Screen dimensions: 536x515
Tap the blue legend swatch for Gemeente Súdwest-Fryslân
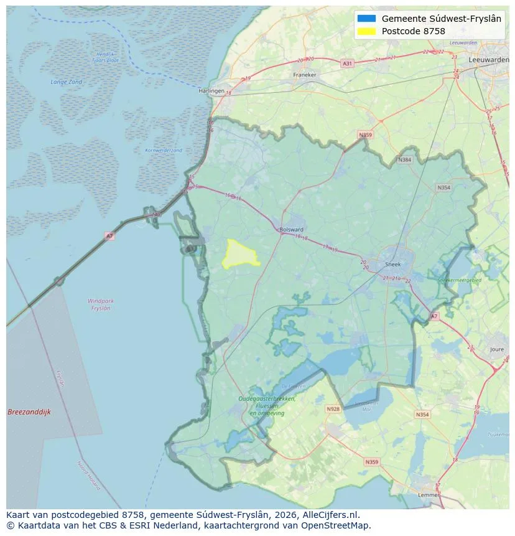click(366, 19)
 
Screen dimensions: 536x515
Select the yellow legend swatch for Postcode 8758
click(366, 31)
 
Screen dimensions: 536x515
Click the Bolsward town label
click(291, 229)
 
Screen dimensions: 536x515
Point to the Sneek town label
click(392, 264)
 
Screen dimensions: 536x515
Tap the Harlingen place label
click(211, 91)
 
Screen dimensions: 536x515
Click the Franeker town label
click(304, 75)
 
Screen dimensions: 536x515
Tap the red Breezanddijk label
click(29, 412)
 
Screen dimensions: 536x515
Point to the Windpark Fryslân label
click(100, 304)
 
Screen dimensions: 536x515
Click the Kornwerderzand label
click(164, 150)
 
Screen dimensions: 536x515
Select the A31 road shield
click(347, 63)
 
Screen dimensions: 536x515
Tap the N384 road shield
click(405, 160)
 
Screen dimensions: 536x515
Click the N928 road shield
click(333, 409)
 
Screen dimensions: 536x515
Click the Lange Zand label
click(66, 82)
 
